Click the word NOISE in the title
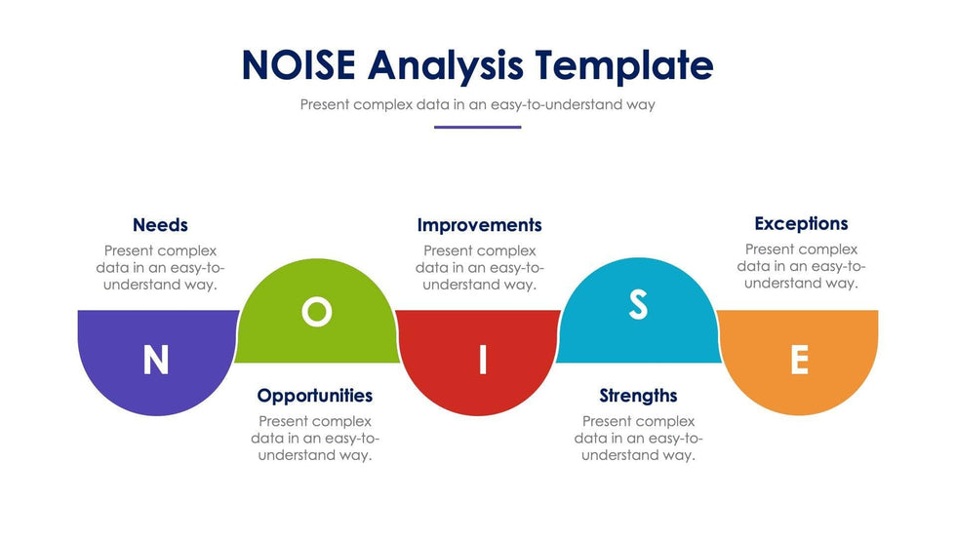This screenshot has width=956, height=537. pyautogui.click(x=299, y=64)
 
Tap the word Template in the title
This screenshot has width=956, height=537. pyautogui.click(x=624, y=65)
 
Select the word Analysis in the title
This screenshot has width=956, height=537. pyautogui.click(x=445, y=65)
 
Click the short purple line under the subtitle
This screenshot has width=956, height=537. pyautogui.click(x=477, y=128)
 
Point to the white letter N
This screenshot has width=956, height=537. pyautogui.click(x=155, y=360)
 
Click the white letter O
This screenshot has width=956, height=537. pyautogui.click(x=316, y=312)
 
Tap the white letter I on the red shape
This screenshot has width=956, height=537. pyautogui.click(x=483, y=360)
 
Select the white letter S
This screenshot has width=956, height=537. pyautogui.click(x=638, y=304)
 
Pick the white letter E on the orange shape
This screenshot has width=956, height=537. pyautogui.click(x=799, y=360)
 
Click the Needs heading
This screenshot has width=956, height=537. pyautogui.click(x=160, y=225)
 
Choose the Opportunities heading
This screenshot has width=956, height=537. pyautogui.click(x=314, y=396)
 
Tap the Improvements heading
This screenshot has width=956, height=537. pyautogui.click(x=479, y=225)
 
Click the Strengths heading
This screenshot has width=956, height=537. pyautogui.click(x=638, y=396)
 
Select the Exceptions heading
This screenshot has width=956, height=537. pyautogui.click(x=801, y=223)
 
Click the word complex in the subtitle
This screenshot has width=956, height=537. pyautogui.click(x=382, y=104)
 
